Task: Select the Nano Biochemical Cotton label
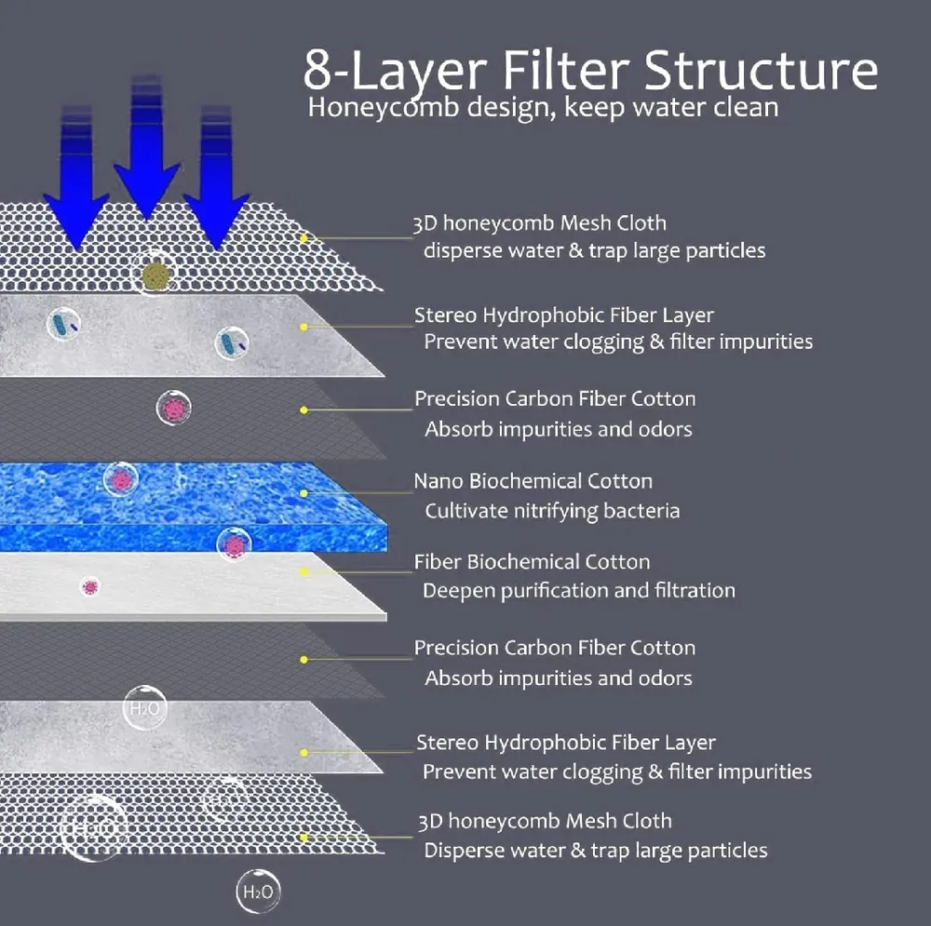click(x=533, y=481)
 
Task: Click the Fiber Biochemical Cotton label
click(x=532, y=562)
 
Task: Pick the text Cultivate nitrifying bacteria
click(x=552, y=511)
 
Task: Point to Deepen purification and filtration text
click(x=578, y=591)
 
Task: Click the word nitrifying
click(x=552, y=511)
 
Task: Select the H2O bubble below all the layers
click(x=257, y=892)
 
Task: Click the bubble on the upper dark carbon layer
click(x=174, y=408)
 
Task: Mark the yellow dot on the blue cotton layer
click(x=304, y=491)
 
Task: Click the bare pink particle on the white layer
click(x=90, y=586)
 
